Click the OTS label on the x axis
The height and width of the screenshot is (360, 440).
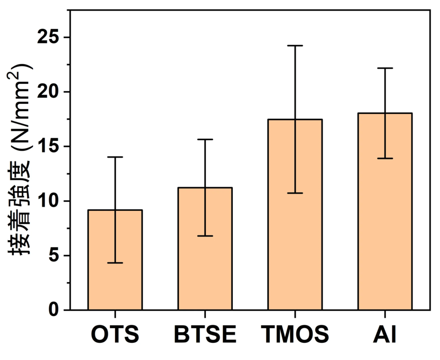[x=115, y=335]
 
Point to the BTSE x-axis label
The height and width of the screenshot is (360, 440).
[x=205, y=335]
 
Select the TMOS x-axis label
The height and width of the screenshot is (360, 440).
[x=295, y=335]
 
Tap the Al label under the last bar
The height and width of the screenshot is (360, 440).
[x=385, y=335]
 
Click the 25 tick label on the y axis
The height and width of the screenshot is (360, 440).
[x=48, y=37]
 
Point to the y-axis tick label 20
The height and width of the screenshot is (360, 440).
[x=48, y=92]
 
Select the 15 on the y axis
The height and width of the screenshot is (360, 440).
[x=48, y=146]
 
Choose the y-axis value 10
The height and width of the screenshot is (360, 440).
[x=48, y=201]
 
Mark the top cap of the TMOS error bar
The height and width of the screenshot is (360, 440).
[x=295, y=46]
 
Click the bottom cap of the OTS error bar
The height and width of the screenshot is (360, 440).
[x=115, y=262]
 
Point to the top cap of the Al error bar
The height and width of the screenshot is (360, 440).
[x=385, y=68]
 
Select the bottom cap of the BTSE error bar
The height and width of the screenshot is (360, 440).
[x=205, y=236]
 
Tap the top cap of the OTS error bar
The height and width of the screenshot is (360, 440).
[x=115, y=157]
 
